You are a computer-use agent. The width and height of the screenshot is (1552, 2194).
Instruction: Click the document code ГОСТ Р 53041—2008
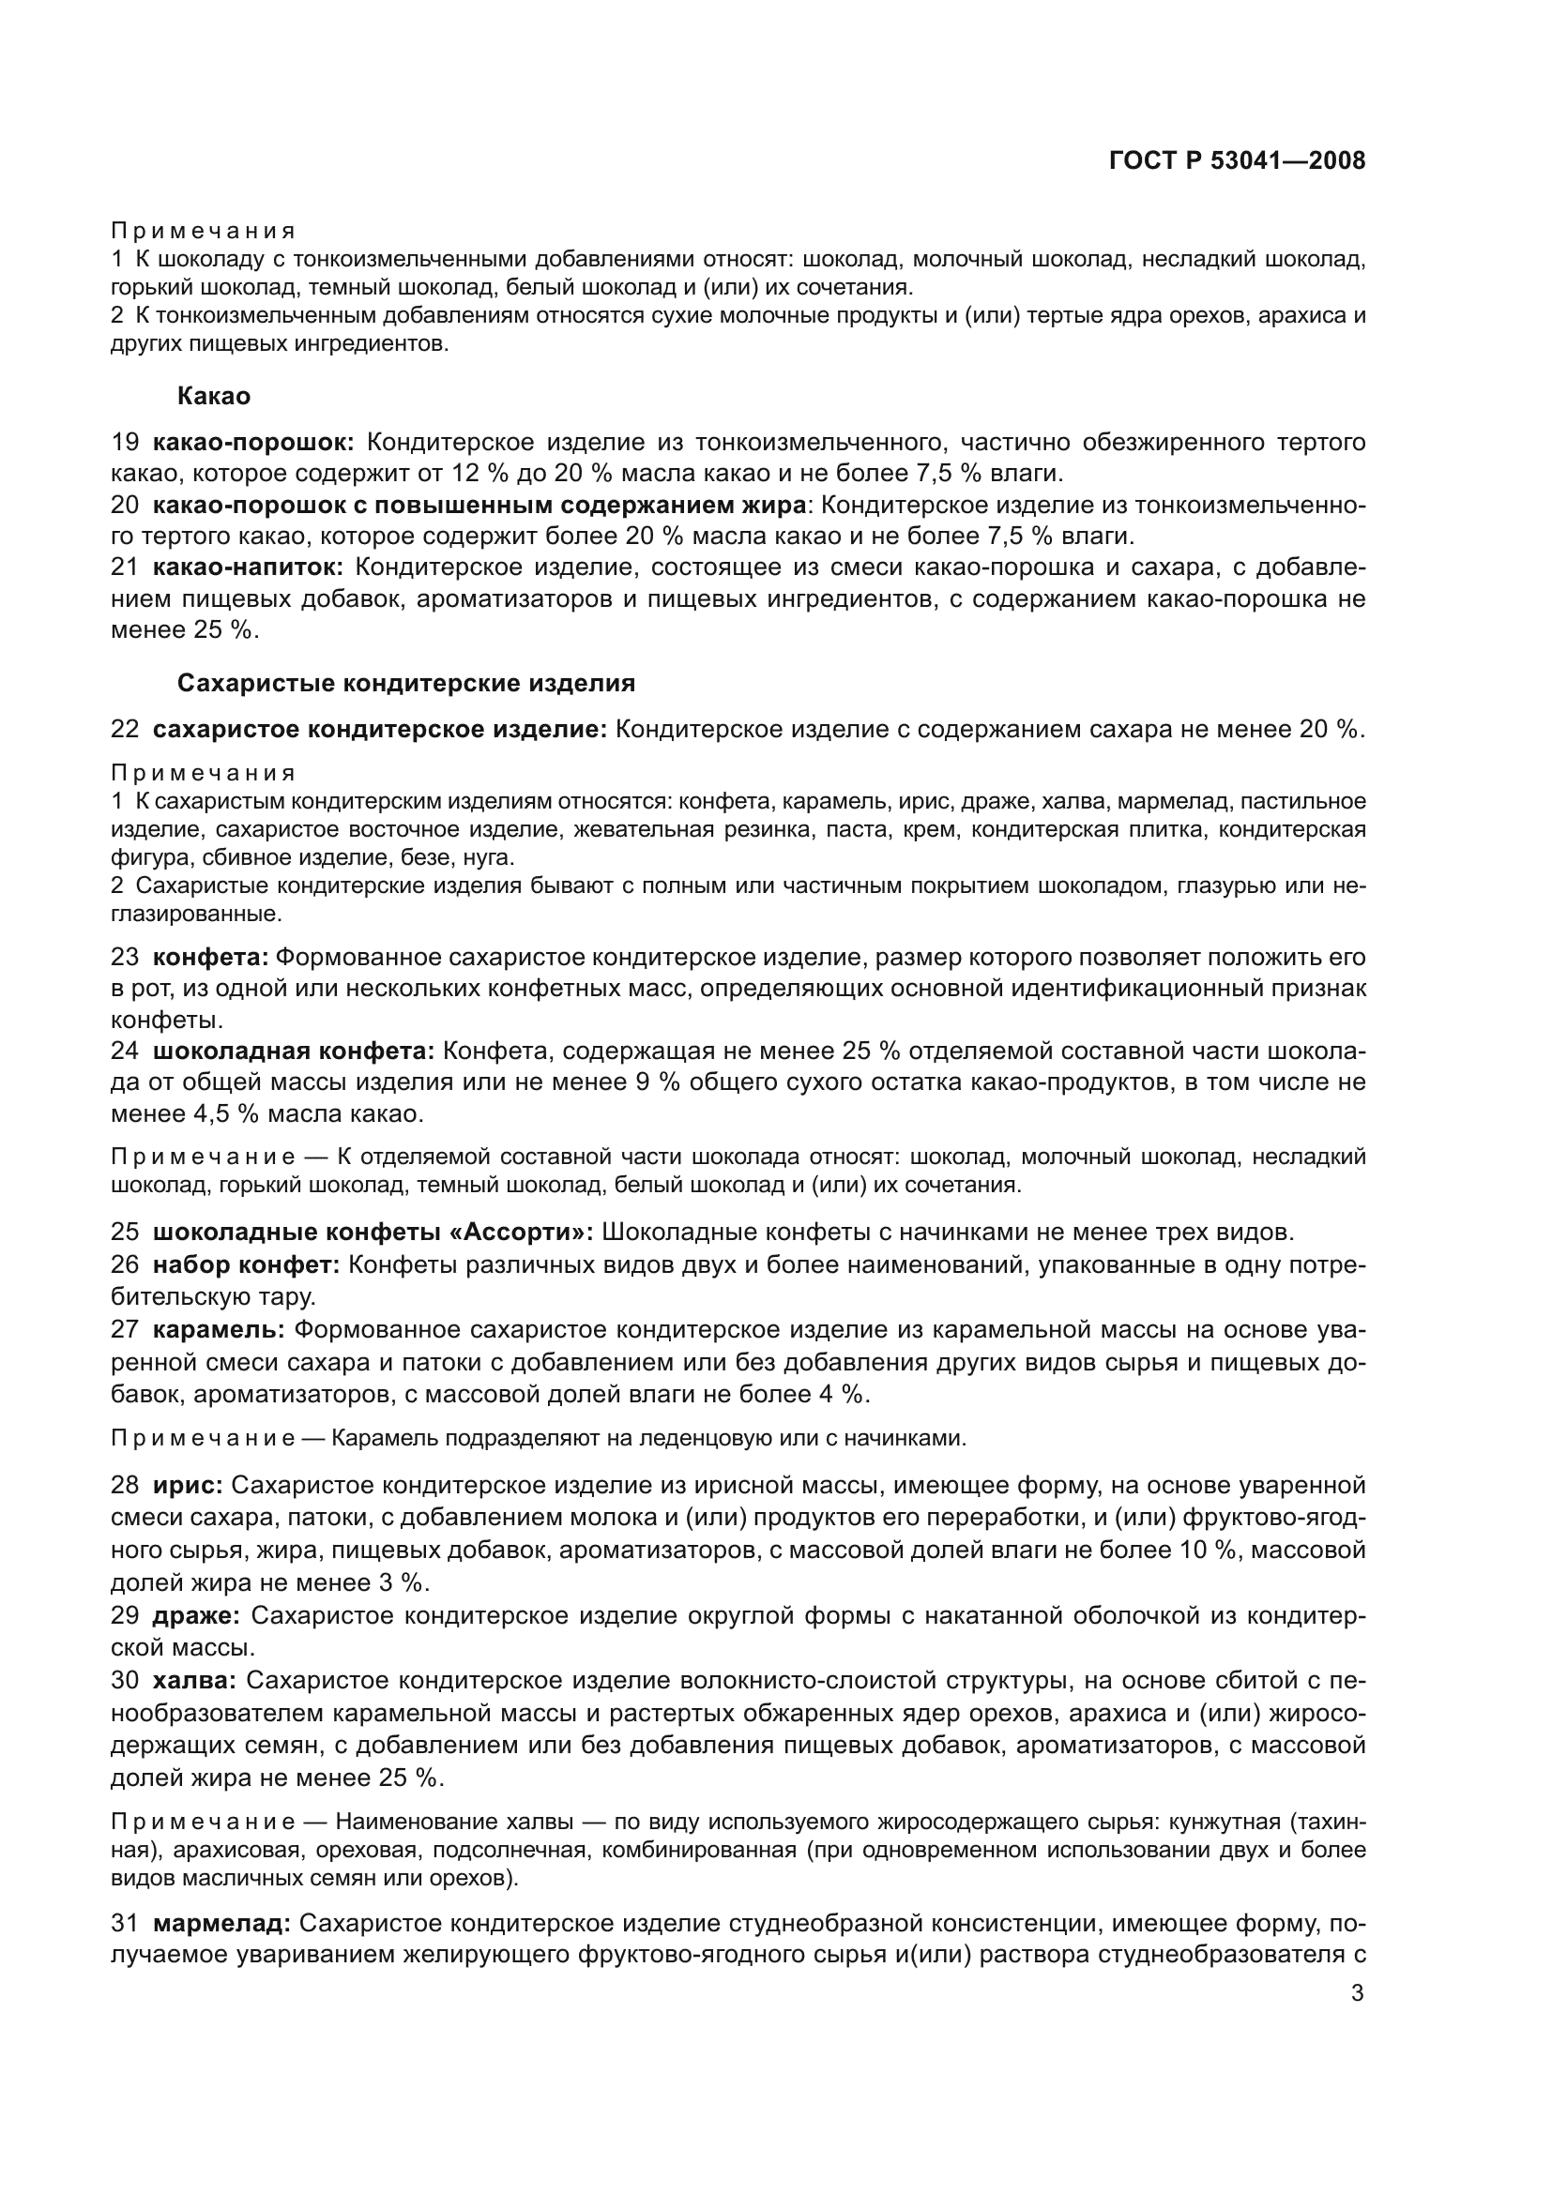tap(1237, 160)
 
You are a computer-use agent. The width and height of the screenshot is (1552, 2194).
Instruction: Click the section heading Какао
tap(214, 396)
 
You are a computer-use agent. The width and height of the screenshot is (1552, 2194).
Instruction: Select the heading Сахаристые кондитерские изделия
tap(406, 683)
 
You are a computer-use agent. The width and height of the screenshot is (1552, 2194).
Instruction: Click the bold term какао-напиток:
tap(249, 567)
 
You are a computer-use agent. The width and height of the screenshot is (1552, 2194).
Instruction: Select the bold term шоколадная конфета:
tap(294, 1052)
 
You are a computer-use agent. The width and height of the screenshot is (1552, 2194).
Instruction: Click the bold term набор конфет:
tap(247, 1265)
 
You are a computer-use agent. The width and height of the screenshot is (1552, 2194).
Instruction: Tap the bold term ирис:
tap(189, 1485)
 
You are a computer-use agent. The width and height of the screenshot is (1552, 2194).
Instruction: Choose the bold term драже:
tap(196, 1616)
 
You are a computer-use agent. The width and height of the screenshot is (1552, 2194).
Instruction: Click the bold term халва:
tap(195, 1680)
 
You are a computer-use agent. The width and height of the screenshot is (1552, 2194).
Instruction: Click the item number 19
tap(125, 443)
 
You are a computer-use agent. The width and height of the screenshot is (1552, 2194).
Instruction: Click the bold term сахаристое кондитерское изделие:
tap(379, 729)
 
